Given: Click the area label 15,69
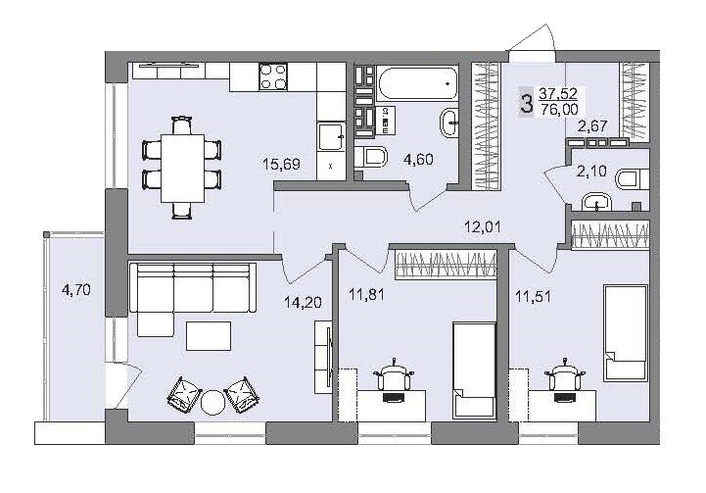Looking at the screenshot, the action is pyautogui.click(x=281, y=164).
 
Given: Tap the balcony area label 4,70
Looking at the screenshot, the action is pyautogui.click(x=76, y=290).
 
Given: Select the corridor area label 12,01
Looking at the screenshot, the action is pyautogui.click(x=483, y=226).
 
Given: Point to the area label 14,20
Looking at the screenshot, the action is pyautogui.click(x=303, y=302).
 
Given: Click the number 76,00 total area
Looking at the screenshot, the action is pyautogui.click(x=559, y=109).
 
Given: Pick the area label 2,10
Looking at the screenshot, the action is pyautogui.click(x=591, y=172).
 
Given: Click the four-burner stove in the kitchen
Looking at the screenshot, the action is pyautogui.click(x=273, y=76).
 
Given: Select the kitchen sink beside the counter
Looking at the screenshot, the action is pyautogui.click(x=331, y=136).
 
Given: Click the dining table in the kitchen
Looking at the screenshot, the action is pyautogui.click(x=182, y=168).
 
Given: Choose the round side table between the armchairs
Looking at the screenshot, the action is pyautogui.click(x=212, y=401).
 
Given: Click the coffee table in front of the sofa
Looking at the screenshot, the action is pyautogui.click(x=209, y=336).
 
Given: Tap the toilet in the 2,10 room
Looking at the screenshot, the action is pyautogui.click(x=633, y=179).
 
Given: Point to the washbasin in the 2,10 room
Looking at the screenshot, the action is pyautogui.click(x=596, y=202).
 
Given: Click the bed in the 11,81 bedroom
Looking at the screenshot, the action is pyautogui.click(x=475, y=370).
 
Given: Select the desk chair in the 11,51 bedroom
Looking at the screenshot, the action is pyautogui.click(x=563, y=375).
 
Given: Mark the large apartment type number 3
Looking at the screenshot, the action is pyautogui.click(x=526, y=102).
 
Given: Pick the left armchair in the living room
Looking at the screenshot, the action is pyautogui.click(x=184, y=395).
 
